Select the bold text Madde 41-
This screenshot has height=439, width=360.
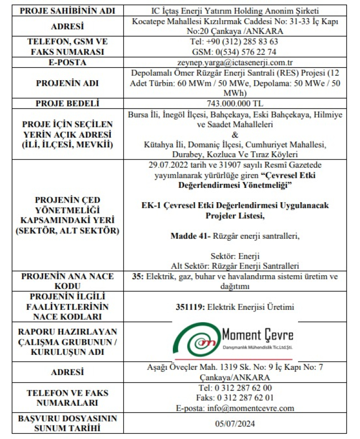pyautogui.click(x=189, y=236)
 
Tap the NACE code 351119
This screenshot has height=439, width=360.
pyautogui.click(x=190, y=307)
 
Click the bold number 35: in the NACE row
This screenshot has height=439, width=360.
pyautogui.click(x=139, y=277)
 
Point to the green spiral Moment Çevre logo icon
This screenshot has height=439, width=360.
pyautogui.click(x=194, y=341)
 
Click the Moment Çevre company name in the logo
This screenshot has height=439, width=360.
pyautogui.click(x=257, y=334)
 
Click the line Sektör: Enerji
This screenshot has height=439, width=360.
pyautogui.click(x=235, y=256)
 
